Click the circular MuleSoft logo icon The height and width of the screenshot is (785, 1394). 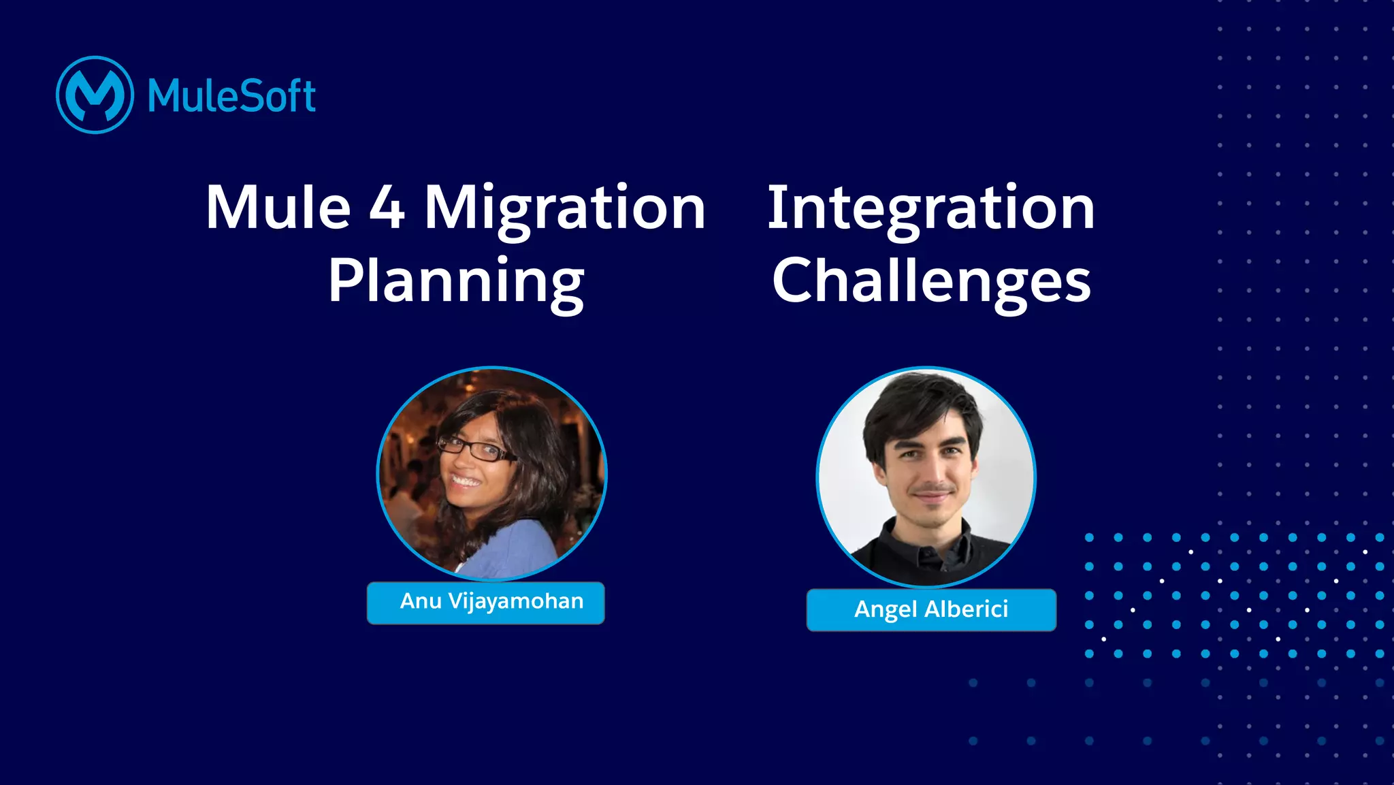pyautogui.click(x=95, y=95)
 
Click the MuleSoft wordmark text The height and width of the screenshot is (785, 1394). pyautogui.click(x=231, y=96)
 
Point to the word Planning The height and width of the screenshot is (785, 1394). pyautogui.click(x=456, y=282)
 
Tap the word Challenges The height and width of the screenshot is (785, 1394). pyautogui.click(x=931, y=282)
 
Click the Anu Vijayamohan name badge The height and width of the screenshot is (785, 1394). pyautogui.click(x=485, y=603)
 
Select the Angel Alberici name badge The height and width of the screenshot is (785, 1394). pyautogui.click(x=930, y=609)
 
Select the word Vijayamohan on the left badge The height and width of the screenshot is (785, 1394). pyautogui.click(x=515, y=602)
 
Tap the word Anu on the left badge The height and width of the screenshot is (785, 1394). pyautogui.click(x=421, y=601)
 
